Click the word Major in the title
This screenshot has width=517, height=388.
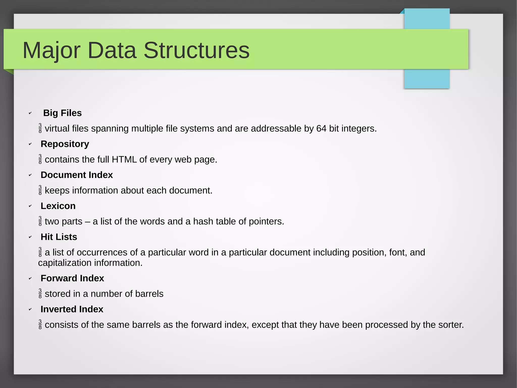(51, 50)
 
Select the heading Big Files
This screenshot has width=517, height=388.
(62, 113)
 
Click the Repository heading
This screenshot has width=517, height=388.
(65, 144)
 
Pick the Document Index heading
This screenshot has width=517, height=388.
(77, 175)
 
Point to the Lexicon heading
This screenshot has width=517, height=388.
(58, 206)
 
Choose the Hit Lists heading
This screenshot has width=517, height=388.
(59, 237)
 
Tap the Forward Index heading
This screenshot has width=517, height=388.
(72, 278)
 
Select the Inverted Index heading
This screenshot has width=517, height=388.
(72, 309)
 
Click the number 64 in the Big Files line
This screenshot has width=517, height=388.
(321, 129)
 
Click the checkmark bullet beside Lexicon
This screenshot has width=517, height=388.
(30, 206)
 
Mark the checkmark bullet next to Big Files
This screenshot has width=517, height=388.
(30, 113)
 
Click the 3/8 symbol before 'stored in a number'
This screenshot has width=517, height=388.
(40, 293)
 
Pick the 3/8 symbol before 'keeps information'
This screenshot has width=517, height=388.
(40, 190)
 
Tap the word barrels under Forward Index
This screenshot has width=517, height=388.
(149, 294)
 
